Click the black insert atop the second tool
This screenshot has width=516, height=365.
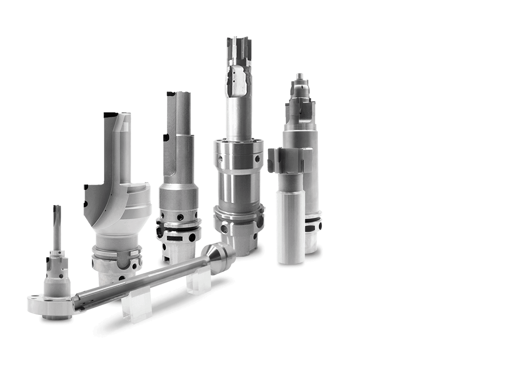[111, 115]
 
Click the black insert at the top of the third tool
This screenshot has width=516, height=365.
[171, 94]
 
